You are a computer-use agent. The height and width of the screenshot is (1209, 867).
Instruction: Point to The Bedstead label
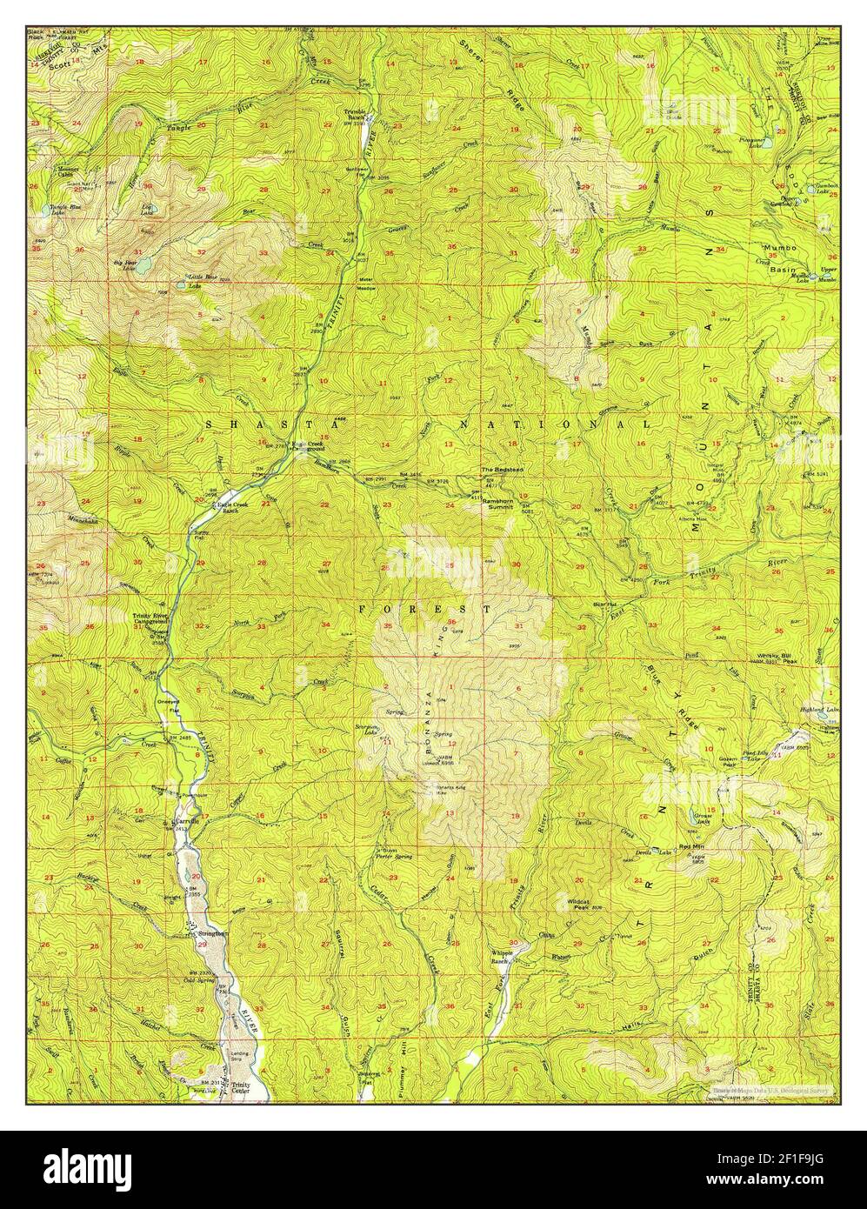(x=500, y=471)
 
